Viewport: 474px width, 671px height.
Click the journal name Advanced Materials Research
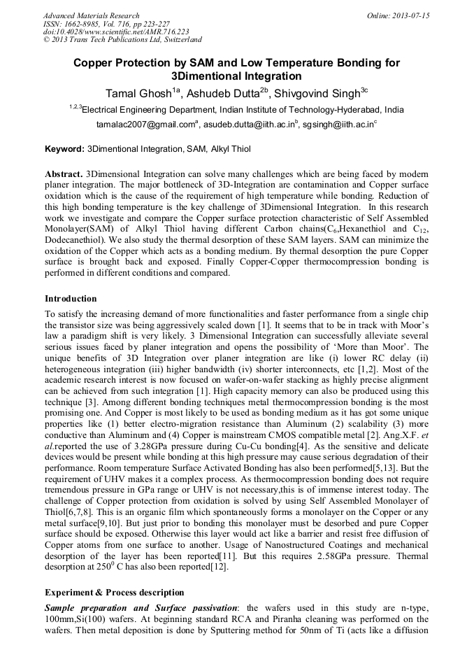click(x=91, y=15)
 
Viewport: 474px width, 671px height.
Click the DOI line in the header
click(x=116, y=32)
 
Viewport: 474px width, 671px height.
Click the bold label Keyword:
click(x=64, y=150)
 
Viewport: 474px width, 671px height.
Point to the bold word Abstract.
click(x=63, y=173)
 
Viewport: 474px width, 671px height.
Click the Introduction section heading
click(x=71, y=299)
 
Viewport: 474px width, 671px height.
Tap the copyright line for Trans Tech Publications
click(x=122, y=41)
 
